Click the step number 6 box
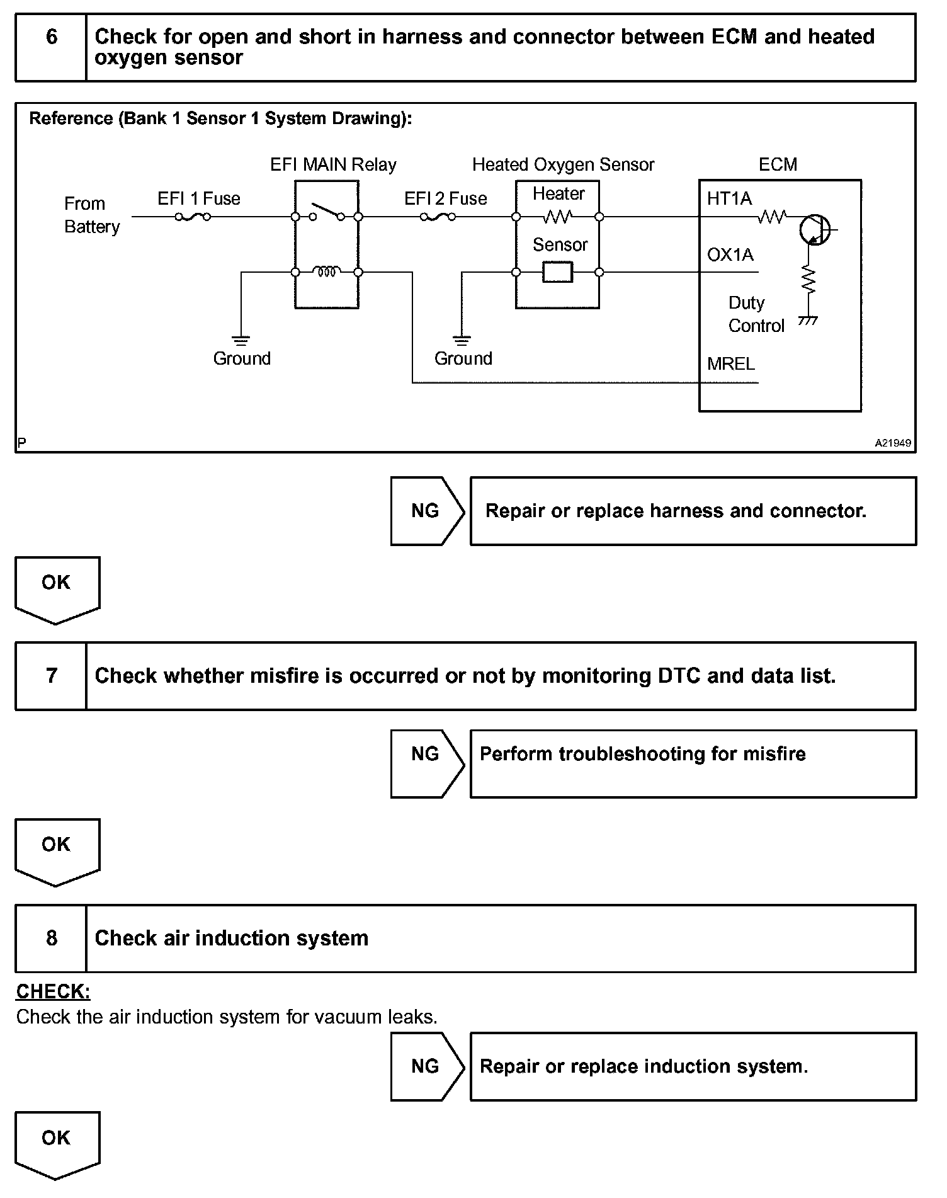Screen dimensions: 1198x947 point(51,47)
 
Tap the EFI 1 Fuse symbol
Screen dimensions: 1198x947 point(193,217)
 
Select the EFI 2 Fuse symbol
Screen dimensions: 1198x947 point(438,217)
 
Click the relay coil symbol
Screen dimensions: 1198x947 point(327,272)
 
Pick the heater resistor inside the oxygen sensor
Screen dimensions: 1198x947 point(557,217)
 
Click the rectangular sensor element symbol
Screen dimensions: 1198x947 point(557,272)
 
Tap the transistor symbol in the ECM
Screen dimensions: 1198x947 point(814,231)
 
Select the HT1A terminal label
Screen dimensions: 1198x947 point(729,199)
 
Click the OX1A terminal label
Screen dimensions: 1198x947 point(730,254)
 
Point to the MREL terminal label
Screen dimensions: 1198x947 point(730,364)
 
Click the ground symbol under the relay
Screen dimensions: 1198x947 point(241,341)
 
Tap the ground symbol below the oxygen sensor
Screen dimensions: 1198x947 point(462,341)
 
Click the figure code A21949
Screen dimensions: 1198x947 point(892,443)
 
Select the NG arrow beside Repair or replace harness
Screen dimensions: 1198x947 point(426,511)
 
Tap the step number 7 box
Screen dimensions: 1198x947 point(51,676)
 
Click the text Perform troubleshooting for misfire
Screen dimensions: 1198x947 point(642,754)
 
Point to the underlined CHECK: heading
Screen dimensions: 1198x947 point(53,992)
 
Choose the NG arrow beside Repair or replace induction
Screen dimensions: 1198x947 point(426,1066)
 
